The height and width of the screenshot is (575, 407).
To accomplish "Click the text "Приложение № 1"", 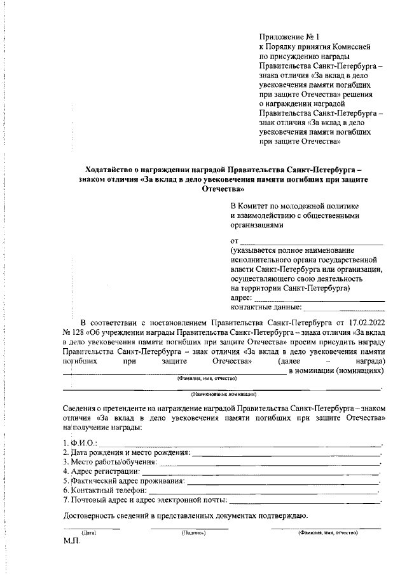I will tap(289, 37).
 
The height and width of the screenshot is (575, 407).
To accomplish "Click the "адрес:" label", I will tap(241, 297).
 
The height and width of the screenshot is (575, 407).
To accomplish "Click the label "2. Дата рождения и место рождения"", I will tap(126, 452).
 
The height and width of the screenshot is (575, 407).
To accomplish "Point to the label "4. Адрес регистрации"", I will tap(101, 471).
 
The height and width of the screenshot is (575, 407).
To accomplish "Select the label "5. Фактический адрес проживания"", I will tap(124, 481).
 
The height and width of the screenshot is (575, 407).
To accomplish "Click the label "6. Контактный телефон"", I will tap(102, 490).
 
